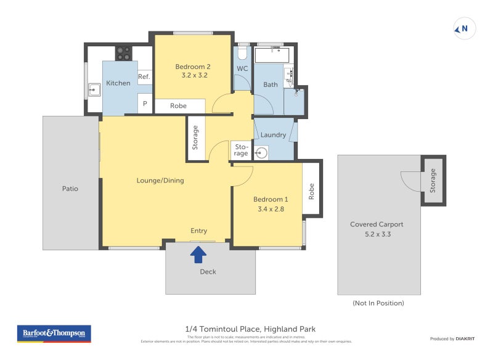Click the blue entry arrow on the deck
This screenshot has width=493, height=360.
(198, 253)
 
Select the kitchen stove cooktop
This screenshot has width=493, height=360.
(123, 53)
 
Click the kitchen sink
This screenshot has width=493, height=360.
(94, 91)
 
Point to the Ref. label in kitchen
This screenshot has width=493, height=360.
(144, 76)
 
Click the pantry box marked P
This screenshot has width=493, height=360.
(145, 104)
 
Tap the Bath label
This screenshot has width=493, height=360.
(271, 84)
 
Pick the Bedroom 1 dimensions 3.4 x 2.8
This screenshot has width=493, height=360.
(271, 208)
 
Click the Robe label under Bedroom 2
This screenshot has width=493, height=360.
(178, 106)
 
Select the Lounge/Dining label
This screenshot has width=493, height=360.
(160, 181)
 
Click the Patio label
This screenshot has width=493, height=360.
(70, 189)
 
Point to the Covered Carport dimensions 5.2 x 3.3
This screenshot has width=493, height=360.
(379, 234)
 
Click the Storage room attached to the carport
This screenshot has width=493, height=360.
(433, 180)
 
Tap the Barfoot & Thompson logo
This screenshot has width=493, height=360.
(54, 333)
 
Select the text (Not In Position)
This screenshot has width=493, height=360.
(378, 303)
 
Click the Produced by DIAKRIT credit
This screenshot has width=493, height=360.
(450, 338)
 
